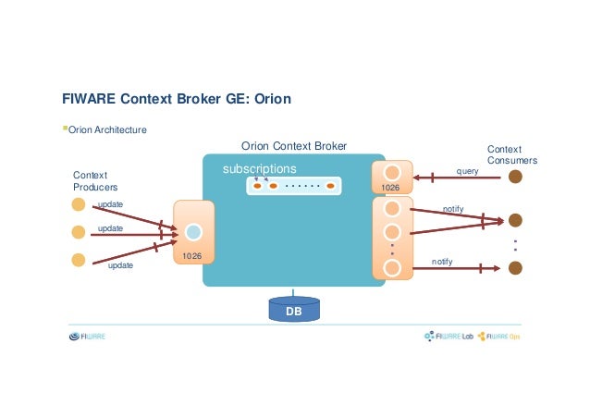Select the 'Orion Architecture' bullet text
point(106,130)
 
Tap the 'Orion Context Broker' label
point(294,146)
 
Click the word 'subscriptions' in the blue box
point(259,170)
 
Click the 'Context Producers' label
point(91,181)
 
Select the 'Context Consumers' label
point(511,154)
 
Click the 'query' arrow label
point(467,170)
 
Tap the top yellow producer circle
point(80,204)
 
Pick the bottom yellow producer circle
point(80,260)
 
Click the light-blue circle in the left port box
point(193,232)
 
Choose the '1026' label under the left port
point(191,255)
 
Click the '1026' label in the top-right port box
point(391,188)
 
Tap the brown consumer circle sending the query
point(515,177)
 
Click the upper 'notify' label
point(453,210)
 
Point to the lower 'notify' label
point(443,263)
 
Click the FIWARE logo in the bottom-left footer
point(88,337)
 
